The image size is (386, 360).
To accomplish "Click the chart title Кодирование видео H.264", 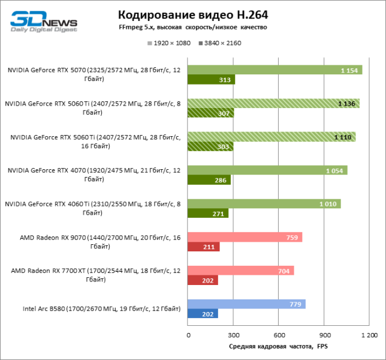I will pos(192,14).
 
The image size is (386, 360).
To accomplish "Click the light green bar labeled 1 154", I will pos(275,70).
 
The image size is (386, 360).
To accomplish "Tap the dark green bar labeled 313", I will pos(211,80).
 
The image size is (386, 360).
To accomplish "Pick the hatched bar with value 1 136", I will pos(273,103).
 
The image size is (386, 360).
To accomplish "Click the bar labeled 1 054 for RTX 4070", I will pos(267,170).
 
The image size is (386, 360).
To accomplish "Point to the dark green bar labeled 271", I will pos(208,213).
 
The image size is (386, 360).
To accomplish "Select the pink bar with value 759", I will pos(245,237).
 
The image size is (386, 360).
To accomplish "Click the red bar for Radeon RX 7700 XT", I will pos(203,280).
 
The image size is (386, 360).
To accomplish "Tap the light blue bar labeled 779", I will pos(246,304).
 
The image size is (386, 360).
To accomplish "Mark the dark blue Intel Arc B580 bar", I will pos(203,314).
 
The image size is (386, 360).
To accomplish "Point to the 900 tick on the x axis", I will pos(324,335).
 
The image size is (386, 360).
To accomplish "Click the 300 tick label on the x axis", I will pos(234,335).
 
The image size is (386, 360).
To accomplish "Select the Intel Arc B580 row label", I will pos(101,309).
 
